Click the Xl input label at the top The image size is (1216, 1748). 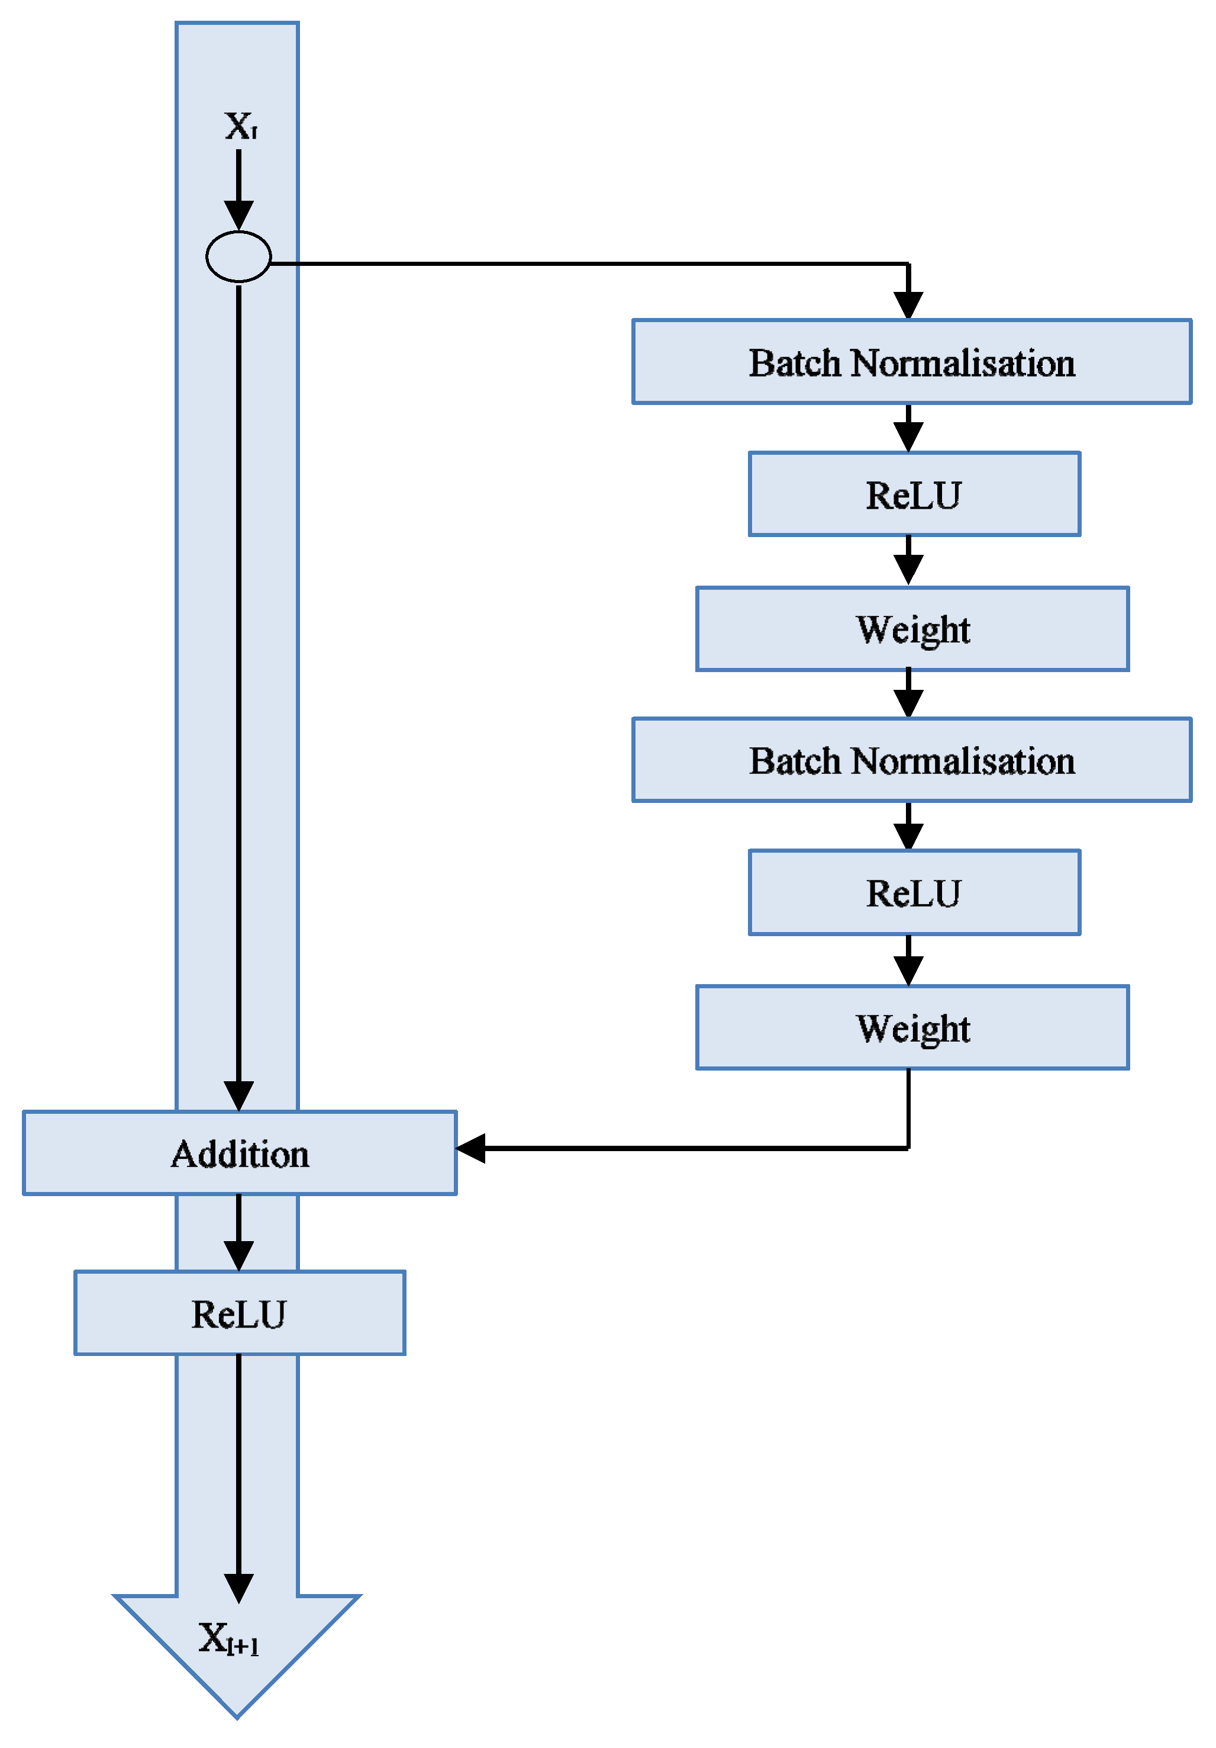click(240, 126)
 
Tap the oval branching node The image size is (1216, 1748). click(238, 256)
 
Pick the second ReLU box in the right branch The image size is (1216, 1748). click(913, 892)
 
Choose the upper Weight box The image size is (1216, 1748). click(912, 629)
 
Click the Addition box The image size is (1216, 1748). click(240, 1153)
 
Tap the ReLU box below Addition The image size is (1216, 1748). click(239, 1313)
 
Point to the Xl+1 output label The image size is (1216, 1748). click(228, 1638)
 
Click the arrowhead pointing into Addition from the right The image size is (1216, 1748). click(471, 1148)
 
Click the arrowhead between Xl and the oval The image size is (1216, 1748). click(238, 216)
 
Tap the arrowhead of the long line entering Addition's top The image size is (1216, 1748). click(238, 1095)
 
